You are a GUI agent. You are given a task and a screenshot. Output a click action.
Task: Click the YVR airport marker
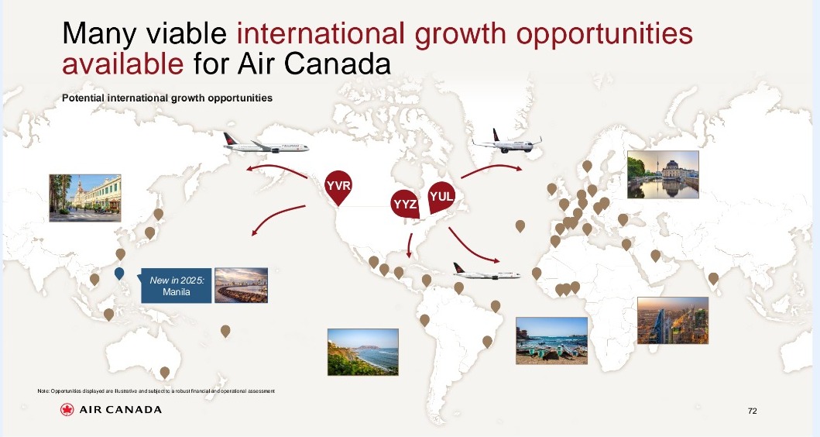338,187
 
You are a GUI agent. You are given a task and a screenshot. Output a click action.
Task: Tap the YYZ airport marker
405,204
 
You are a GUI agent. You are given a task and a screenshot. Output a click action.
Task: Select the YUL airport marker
441,198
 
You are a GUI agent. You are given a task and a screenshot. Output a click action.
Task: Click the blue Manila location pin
119,274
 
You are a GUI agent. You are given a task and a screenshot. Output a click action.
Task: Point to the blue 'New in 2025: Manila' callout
177,286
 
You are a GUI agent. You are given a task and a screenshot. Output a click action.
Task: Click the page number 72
752,411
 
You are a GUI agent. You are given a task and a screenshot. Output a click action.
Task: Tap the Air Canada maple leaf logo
67,410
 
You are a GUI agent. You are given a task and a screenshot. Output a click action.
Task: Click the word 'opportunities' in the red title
604,33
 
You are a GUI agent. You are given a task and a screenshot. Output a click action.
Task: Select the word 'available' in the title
123,64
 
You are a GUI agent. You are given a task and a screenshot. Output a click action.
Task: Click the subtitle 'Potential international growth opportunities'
166,98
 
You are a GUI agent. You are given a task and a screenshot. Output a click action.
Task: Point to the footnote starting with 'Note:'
156,391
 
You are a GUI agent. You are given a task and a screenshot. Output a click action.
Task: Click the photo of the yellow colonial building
84,198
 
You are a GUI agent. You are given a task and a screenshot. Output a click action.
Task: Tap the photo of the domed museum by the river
663,175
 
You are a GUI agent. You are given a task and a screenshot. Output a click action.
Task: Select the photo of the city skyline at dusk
673,320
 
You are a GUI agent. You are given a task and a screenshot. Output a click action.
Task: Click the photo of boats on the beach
551,340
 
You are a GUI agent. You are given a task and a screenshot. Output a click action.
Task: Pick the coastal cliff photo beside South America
363,353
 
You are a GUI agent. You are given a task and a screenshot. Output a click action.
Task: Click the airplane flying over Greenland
506,141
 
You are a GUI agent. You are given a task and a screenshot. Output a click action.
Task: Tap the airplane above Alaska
266,143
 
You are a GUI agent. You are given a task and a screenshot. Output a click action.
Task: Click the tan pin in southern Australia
165,373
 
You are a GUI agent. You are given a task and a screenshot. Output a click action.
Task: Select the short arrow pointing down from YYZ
410,246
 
